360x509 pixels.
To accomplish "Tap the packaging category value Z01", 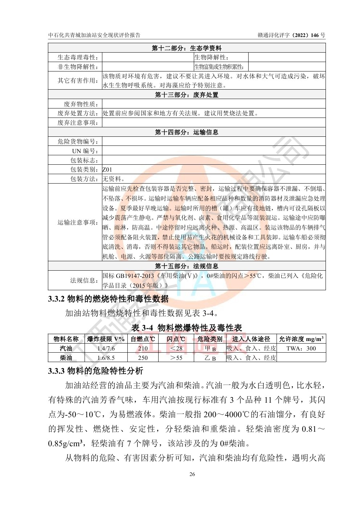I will click(x=107, y=169).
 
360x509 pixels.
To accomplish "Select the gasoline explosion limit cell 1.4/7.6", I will click(x=106, y=348).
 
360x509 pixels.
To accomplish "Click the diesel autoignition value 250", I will click(x=143, y=358).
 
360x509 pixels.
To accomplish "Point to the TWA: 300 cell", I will click(x=301, y=348).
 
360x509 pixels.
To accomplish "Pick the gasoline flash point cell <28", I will click(x=176, y=348).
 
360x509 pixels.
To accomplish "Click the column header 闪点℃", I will click(x=176, y=339).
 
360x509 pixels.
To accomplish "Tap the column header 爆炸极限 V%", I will click(x=106, y=339).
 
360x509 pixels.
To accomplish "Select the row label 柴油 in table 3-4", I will click(x=66, y=358).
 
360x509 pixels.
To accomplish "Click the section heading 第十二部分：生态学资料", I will click(x=187, y=48).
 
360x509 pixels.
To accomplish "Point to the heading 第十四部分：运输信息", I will click(x=187, y=132).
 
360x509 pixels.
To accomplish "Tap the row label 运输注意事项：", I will click(x=78, y=222).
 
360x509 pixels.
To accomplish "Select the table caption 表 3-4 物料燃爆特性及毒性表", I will click(x=187, y=328).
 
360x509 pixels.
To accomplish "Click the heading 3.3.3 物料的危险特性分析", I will click(x=96, y=371).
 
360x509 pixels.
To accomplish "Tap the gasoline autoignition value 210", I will click(x=143, y=348).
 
